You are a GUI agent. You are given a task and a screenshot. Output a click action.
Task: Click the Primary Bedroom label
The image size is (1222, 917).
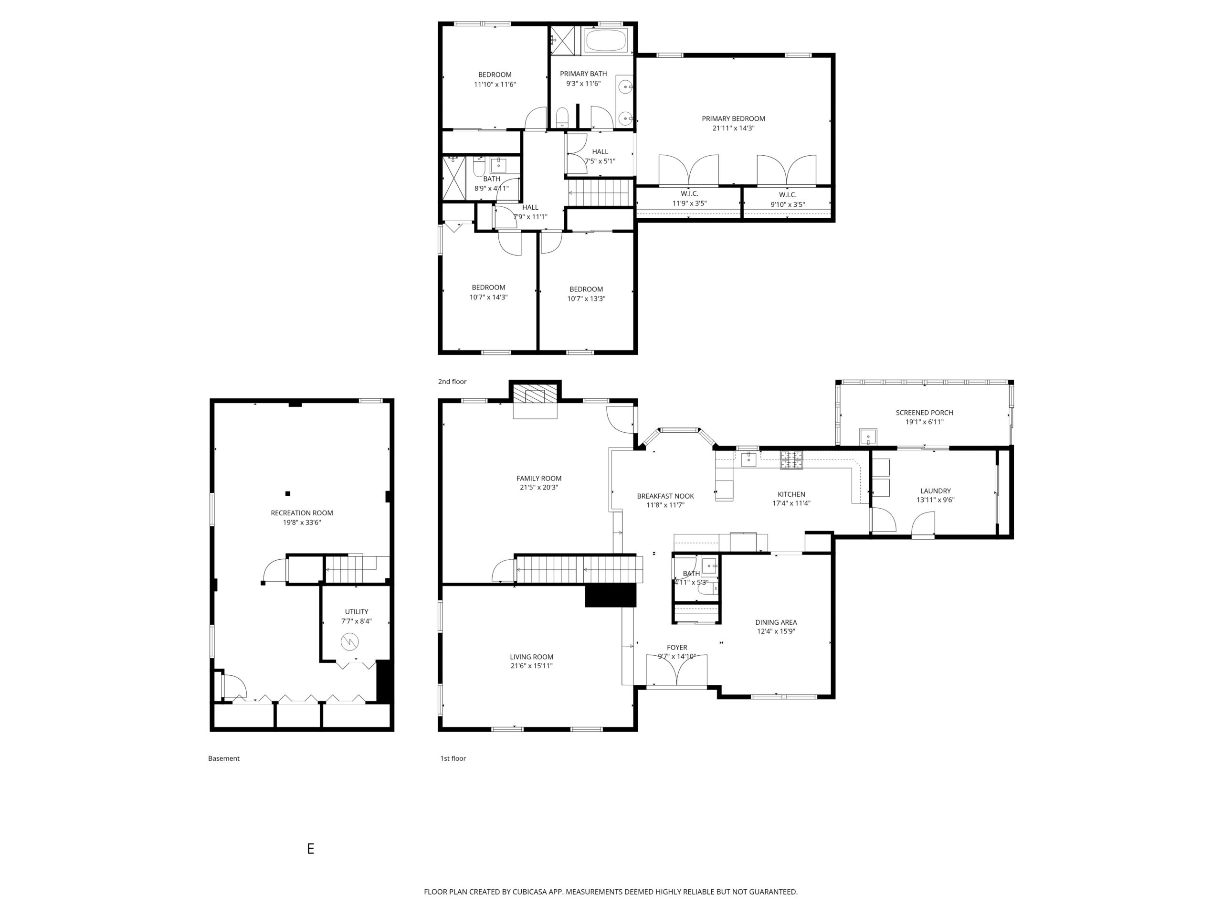coord(733,118)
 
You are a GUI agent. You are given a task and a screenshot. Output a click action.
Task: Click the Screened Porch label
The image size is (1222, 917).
coord(924,412)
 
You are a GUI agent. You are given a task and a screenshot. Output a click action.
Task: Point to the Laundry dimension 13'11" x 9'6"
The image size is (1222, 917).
coord(935,500)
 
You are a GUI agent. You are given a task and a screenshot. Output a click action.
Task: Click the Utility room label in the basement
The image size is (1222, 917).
coord(356,611)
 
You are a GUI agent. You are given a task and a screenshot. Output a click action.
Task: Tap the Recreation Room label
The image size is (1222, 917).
coord(302,513)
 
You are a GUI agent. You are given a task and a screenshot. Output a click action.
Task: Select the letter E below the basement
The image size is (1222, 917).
coord(310,848)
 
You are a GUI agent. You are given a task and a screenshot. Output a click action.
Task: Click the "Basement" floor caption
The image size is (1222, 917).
coord(224,758)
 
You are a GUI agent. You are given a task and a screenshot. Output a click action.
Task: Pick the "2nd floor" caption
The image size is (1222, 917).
coord(452,382)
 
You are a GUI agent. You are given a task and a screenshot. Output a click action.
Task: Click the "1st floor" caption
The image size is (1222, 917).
coord(453,758)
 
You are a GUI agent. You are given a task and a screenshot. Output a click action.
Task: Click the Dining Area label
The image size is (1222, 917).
coord(776,622)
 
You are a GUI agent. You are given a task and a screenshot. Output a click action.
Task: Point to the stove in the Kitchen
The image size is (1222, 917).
coord(791,460)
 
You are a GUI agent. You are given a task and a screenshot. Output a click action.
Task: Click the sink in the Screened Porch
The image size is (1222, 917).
coord(868,437)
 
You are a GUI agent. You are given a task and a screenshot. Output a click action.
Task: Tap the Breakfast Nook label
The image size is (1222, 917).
coord(665,496)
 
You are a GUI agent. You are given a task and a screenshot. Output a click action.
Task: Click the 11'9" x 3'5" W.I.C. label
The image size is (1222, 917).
coord(689,193)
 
